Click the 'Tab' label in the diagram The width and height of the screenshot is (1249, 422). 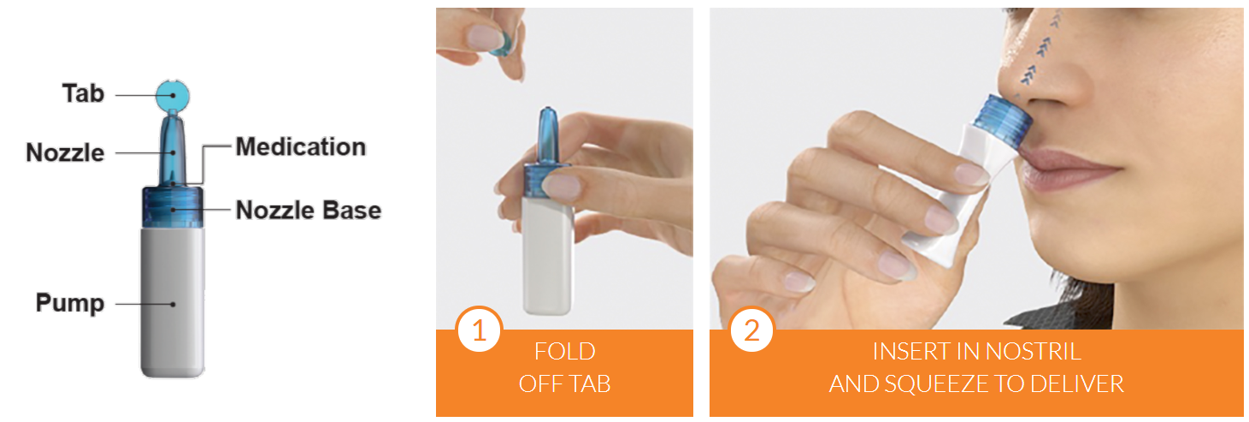(83, 93)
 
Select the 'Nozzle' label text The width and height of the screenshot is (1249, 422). (65, 153)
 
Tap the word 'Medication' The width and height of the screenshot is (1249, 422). (301, 147)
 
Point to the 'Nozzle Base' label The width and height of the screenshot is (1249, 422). (309, 211)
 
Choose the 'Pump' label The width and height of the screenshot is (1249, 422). (70, 303)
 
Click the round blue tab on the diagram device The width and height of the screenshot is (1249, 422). (173, 96)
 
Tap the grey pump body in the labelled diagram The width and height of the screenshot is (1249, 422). (173, 301)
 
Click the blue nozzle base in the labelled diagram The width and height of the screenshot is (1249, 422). (173, 207)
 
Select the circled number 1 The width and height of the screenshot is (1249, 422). (479, 330)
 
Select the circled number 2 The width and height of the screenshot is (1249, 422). (751, 330)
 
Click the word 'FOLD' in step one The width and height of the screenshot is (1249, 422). (565, 352)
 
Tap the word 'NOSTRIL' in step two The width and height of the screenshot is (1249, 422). (1034, 352)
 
